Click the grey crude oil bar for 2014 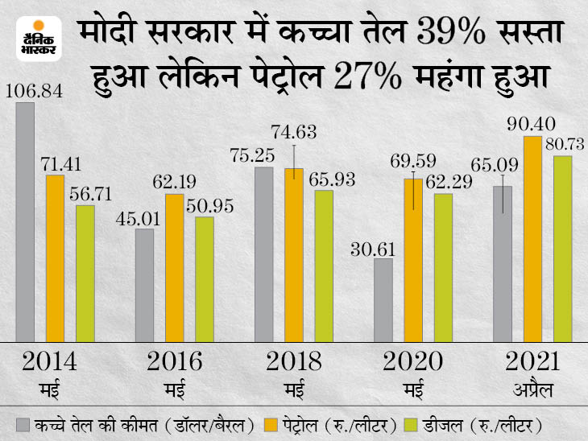(x=25, y=222)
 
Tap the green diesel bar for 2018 (x=323, y=266)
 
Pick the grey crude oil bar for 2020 (x=383, y=300)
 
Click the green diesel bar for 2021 (x=562, y=249)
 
